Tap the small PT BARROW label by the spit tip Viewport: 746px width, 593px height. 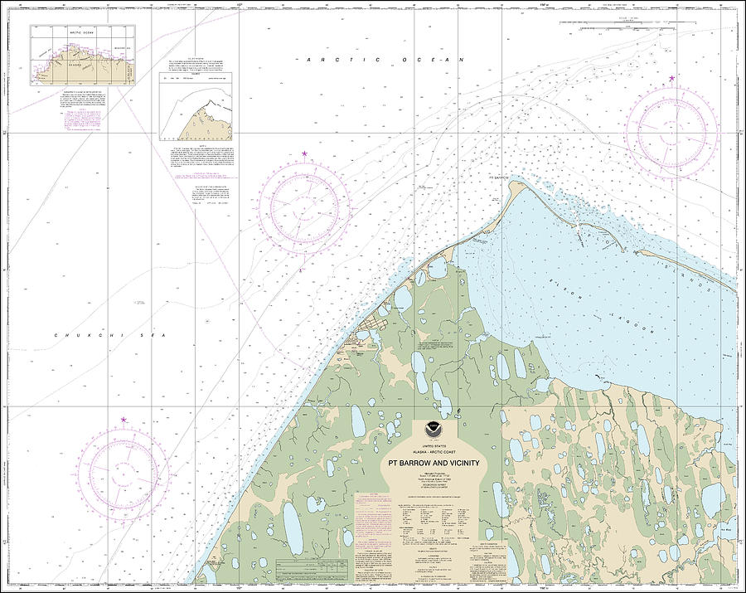point(498,177)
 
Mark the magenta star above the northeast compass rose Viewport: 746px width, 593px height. point(671,78)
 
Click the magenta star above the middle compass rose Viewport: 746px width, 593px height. point(304,154)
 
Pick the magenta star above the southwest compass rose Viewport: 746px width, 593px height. point(124,420)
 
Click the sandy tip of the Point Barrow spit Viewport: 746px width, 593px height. point(519,183)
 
